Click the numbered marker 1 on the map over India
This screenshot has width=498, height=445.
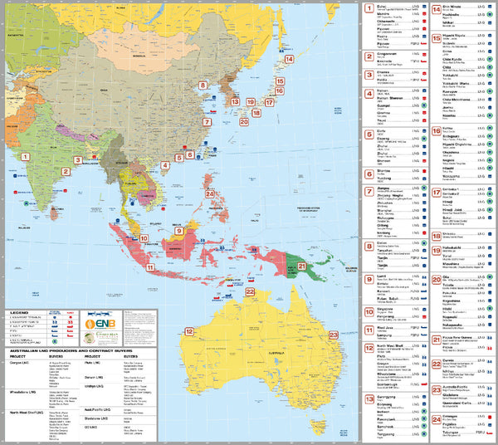coord(25,155)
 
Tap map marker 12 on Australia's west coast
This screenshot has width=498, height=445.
coord(189,331)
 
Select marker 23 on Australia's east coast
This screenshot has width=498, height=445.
coord(334,335)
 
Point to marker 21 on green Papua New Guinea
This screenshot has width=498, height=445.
coord(303,267)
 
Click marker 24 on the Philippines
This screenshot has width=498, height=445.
coord(211,194)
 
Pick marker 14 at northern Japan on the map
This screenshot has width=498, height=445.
coord(289,59)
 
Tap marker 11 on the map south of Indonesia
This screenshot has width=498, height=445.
coord(152,267)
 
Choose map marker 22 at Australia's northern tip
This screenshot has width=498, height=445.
coord(250,291)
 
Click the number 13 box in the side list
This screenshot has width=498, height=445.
coord(369,399)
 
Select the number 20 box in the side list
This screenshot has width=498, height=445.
coord(437,280)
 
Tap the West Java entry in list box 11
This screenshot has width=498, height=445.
coord(387,329)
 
